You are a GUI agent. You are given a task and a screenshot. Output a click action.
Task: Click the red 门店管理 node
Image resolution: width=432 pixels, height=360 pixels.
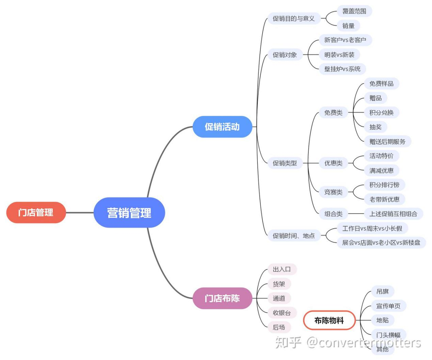pos(36,213)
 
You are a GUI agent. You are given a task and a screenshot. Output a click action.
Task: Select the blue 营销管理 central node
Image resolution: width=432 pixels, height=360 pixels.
pos(129,213)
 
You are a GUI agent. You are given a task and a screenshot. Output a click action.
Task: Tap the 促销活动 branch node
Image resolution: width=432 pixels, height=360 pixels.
pos(222,127)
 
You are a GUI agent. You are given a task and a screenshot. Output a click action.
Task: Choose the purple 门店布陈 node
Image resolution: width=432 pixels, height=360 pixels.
pos(222,298)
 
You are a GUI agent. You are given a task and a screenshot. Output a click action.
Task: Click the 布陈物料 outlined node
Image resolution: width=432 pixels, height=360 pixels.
pos(329,320)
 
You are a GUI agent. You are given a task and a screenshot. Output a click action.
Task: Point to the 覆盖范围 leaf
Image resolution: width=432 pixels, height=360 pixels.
pos(354,11)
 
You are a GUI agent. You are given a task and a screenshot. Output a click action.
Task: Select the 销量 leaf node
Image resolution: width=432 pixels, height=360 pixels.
pos(348,25)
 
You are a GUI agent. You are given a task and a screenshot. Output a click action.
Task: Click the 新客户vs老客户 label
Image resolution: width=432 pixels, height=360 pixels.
pos(345,40)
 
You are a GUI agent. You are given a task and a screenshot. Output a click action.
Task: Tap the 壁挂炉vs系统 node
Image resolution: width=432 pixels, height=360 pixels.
pos(342,69)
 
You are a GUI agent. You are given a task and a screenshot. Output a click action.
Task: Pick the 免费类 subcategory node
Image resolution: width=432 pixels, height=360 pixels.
pos(333,112)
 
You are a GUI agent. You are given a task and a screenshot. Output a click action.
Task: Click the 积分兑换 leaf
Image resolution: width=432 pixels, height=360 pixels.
pos(381,112)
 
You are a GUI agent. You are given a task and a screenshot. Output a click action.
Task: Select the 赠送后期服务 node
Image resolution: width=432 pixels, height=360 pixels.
pos(387,142)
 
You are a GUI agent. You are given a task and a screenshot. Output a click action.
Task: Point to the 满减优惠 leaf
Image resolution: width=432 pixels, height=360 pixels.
pos(381,170)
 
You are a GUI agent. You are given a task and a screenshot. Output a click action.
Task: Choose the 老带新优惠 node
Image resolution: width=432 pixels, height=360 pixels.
pos(384,199)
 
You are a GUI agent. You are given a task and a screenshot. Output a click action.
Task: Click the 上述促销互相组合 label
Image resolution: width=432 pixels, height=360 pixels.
pos(393,214)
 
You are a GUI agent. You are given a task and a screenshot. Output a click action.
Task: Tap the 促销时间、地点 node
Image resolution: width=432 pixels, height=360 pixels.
pos(293,235)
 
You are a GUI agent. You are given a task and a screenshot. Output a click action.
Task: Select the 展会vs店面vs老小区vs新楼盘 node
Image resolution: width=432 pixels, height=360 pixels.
pos(381,242)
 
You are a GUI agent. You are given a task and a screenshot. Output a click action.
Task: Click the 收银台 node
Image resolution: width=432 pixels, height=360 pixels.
pos(282,313)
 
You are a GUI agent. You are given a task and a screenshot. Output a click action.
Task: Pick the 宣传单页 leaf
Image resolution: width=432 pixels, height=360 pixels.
pos(388,306)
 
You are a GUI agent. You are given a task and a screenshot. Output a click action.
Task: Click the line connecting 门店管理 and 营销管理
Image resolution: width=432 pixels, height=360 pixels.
pos(80,213)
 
